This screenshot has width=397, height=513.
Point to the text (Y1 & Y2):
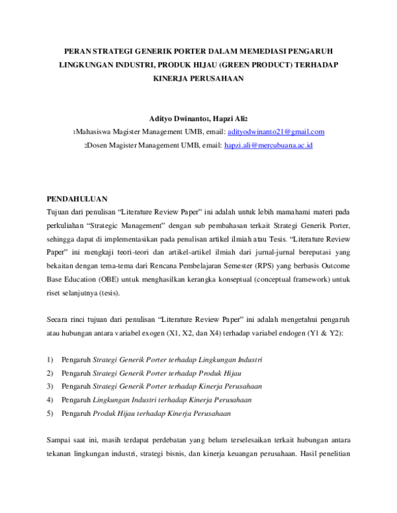coord(326,334)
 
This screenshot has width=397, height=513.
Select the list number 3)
coord(50,386)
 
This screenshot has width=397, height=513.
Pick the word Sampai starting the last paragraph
coord(59,440)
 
